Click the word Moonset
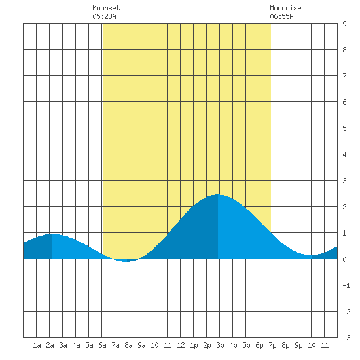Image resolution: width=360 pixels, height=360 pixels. pyautogui.click(x=106, y=8)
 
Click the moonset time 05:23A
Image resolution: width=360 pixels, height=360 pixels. pyautogui.click(x=104, y=16)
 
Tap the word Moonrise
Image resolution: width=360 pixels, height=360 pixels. pyautogui.click(x=285, y=8)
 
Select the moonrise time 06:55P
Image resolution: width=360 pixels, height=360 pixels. pyautogui.click(x=281, y=16)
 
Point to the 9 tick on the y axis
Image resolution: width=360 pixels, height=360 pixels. pyautogui.click(x=344, y=24)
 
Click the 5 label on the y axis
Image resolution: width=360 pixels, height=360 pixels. pyautogui.click(x=344, y=128)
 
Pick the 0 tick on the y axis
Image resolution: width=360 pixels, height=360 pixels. pyautogui.click(x=344, y=259)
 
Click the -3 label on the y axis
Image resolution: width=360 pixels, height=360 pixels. pyautogui.click(x=346, y=338)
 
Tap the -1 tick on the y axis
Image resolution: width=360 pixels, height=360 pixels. pyautogui.click(x=346, y=285)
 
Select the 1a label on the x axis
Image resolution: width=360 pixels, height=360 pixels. pyautogui.click(x=37, y=345)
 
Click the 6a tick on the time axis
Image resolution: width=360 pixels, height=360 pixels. pyautogui.click(x=102, y=345)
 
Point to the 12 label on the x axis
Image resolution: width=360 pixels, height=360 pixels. pyautogui.click(x=181, y=345)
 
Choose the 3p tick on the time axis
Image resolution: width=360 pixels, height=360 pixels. pyautogui.click(x=220, y=345)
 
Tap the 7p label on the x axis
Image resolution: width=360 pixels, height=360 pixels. pyautogui.click(x=272, y=345)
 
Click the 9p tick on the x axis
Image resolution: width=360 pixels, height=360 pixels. pyautogui.click(x=298, y=345)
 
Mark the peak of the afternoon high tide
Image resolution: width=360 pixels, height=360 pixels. pyautogui.click(x=217, y=194)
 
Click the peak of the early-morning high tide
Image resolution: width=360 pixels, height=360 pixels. pyautogui.click(x=52, y=234)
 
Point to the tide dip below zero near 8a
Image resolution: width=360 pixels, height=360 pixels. pyautogui.click(x=126, y=261)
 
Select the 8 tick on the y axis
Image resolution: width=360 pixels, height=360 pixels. pyautogui.click(x=344, y=50)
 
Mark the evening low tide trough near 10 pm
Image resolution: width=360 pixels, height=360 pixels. pyautogui.click(x=311, y=255)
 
